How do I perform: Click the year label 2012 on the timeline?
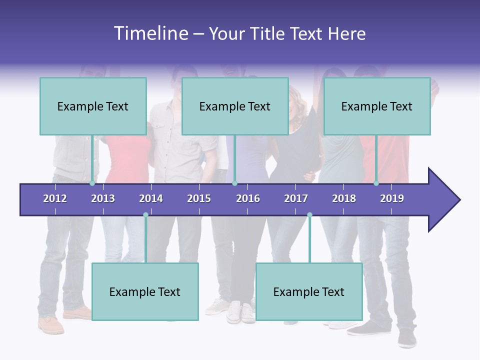[55, 198]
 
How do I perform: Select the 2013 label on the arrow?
[103, 198]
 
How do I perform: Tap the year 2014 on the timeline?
[151, 198]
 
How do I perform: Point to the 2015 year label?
[199, 198]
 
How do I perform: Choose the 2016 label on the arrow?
[248, 198]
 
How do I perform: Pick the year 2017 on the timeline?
[296, 198]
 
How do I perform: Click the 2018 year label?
[344, 198]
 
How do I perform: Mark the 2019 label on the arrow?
[392, 198]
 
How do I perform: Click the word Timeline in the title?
[150, 33]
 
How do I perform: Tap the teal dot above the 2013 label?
[92, 183]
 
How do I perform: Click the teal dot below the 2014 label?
[145, 215]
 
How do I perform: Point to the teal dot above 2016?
[234, 183]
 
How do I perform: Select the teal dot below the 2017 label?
[309, 215]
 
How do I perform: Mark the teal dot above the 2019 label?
[376, 183]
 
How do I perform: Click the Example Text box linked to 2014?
[145, 291]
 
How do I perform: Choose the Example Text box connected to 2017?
[309, 291]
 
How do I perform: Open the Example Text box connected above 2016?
[235, 106]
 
